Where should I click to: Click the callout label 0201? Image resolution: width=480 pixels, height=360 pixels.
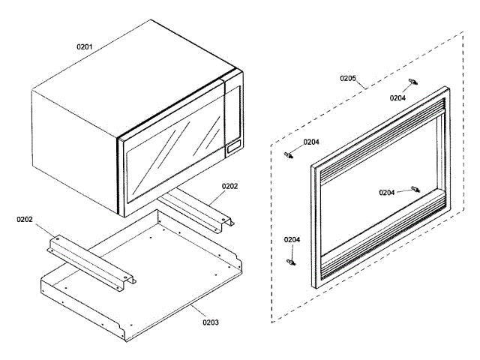point(85,47)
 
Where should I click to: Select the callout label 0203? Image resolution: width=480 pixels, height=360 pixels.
point(211,322)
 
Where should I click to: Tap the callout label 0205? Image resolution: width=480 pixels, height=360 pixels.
point(348,78)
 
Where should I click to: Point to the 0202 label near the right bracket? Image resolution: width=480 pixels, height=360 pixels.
point(229,186)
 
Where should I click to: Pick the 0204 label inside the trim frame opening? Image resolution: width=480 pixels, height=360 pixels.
point(387,193)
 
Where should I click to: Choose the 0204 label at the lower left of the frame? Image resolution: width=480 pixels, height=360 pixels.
point(292,239)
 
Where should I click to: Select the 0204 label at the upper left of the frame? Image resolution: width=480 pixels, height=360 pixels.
point(311,142)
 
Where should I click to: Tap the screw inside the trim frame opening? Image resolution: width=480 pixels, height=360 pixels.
point(415,189)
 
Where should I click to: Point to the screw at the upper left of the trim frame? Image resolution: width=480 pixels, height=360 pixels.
point(289,155)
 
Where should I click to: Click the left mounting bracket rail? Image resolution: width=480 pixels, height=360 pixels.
point(90,258)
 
